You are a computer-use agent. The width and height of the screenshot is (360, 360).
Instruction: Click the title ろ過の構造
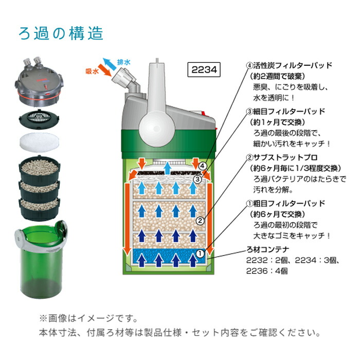point(61,33)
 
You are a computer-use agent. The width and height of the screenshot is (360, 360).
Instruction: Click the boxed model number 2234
point(204,69)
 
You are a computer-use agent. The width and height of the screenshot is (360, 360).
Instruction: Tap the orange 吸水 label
point(92,71)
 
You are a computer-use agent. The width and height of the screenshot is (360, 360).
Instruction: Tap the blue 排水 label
point(124,62)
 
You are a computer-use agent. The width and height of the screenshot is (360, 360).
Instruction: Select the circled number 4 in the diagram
point(202,166)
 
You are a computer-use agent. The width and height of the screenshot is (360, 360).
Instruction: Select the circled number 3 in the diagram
point(197,179)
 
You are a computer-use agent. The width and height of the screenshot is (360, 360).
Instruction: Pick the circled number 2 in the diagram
point(200,221)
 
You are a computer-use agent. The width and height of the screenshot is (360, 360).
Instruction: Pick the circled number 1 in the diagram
point(200,254)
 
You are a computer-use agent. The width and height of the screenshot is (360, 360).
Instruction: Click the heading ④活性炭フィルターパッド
point(289,65)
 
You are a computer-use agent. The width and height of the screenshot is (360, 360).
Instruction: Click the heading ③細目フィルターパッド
point(285,112)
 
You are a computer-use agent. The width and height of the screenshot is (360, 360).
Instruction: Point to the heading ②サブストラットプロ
point(282,157)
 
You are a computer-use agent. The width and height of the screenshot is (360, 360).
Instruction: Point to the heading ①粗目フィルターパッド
point(285,204)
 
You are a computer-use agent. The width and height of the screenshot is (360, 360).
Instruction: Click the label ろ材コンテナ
point(268,249)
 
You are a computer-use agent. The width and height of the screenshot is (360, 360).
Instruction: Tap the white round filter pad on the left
point(40,142)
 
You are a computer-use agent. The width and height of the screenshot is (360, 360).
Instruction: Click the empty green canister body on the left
point(41,261)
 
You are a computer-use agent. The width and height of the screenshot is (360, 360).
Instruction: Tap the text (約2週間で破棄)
point(277,76)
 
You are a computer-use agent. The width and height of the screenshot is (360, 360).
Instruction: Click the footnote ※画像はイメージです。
point(89,319)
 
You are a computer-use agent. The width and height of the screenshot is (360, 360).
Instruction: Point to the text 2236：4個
point(267,271)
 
